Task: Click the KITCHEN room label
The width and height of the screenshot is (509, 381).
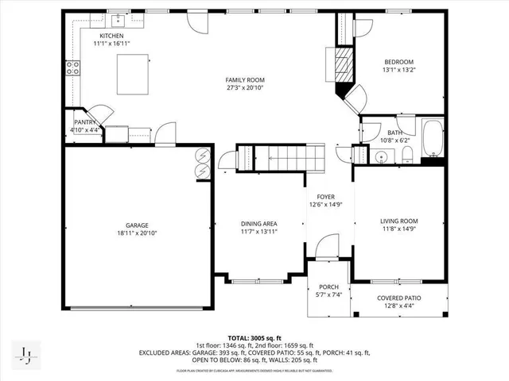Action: tap(111, 37)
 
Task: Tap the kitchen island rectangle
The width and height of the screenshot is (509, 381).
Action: tap(133, 75)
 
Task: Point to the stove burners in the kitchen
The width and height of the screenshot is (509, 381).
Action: tap(73, 68)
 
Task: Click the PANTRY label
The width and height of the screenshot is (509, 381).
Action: tap(85, 121)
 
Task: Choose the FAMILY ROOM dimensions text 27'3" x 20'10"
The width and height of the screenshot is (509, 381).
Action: tap(244, 89)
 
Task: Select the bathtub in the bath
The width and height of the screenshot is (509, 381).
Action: tap(433, 139)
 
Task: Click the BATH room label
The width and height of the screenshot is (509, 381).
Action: tap(394, 133)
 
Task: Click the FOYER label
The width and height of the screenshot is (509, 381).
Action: tap(326, 196)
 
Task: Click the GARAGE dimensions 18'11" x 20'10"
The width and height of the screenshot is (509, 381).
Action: tap(136, 233)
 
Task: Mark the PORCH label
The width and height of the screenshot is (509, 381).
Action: tap(328, 287)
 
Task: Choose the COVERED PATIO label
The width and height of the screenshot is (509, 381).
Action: tap(402, 298)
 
